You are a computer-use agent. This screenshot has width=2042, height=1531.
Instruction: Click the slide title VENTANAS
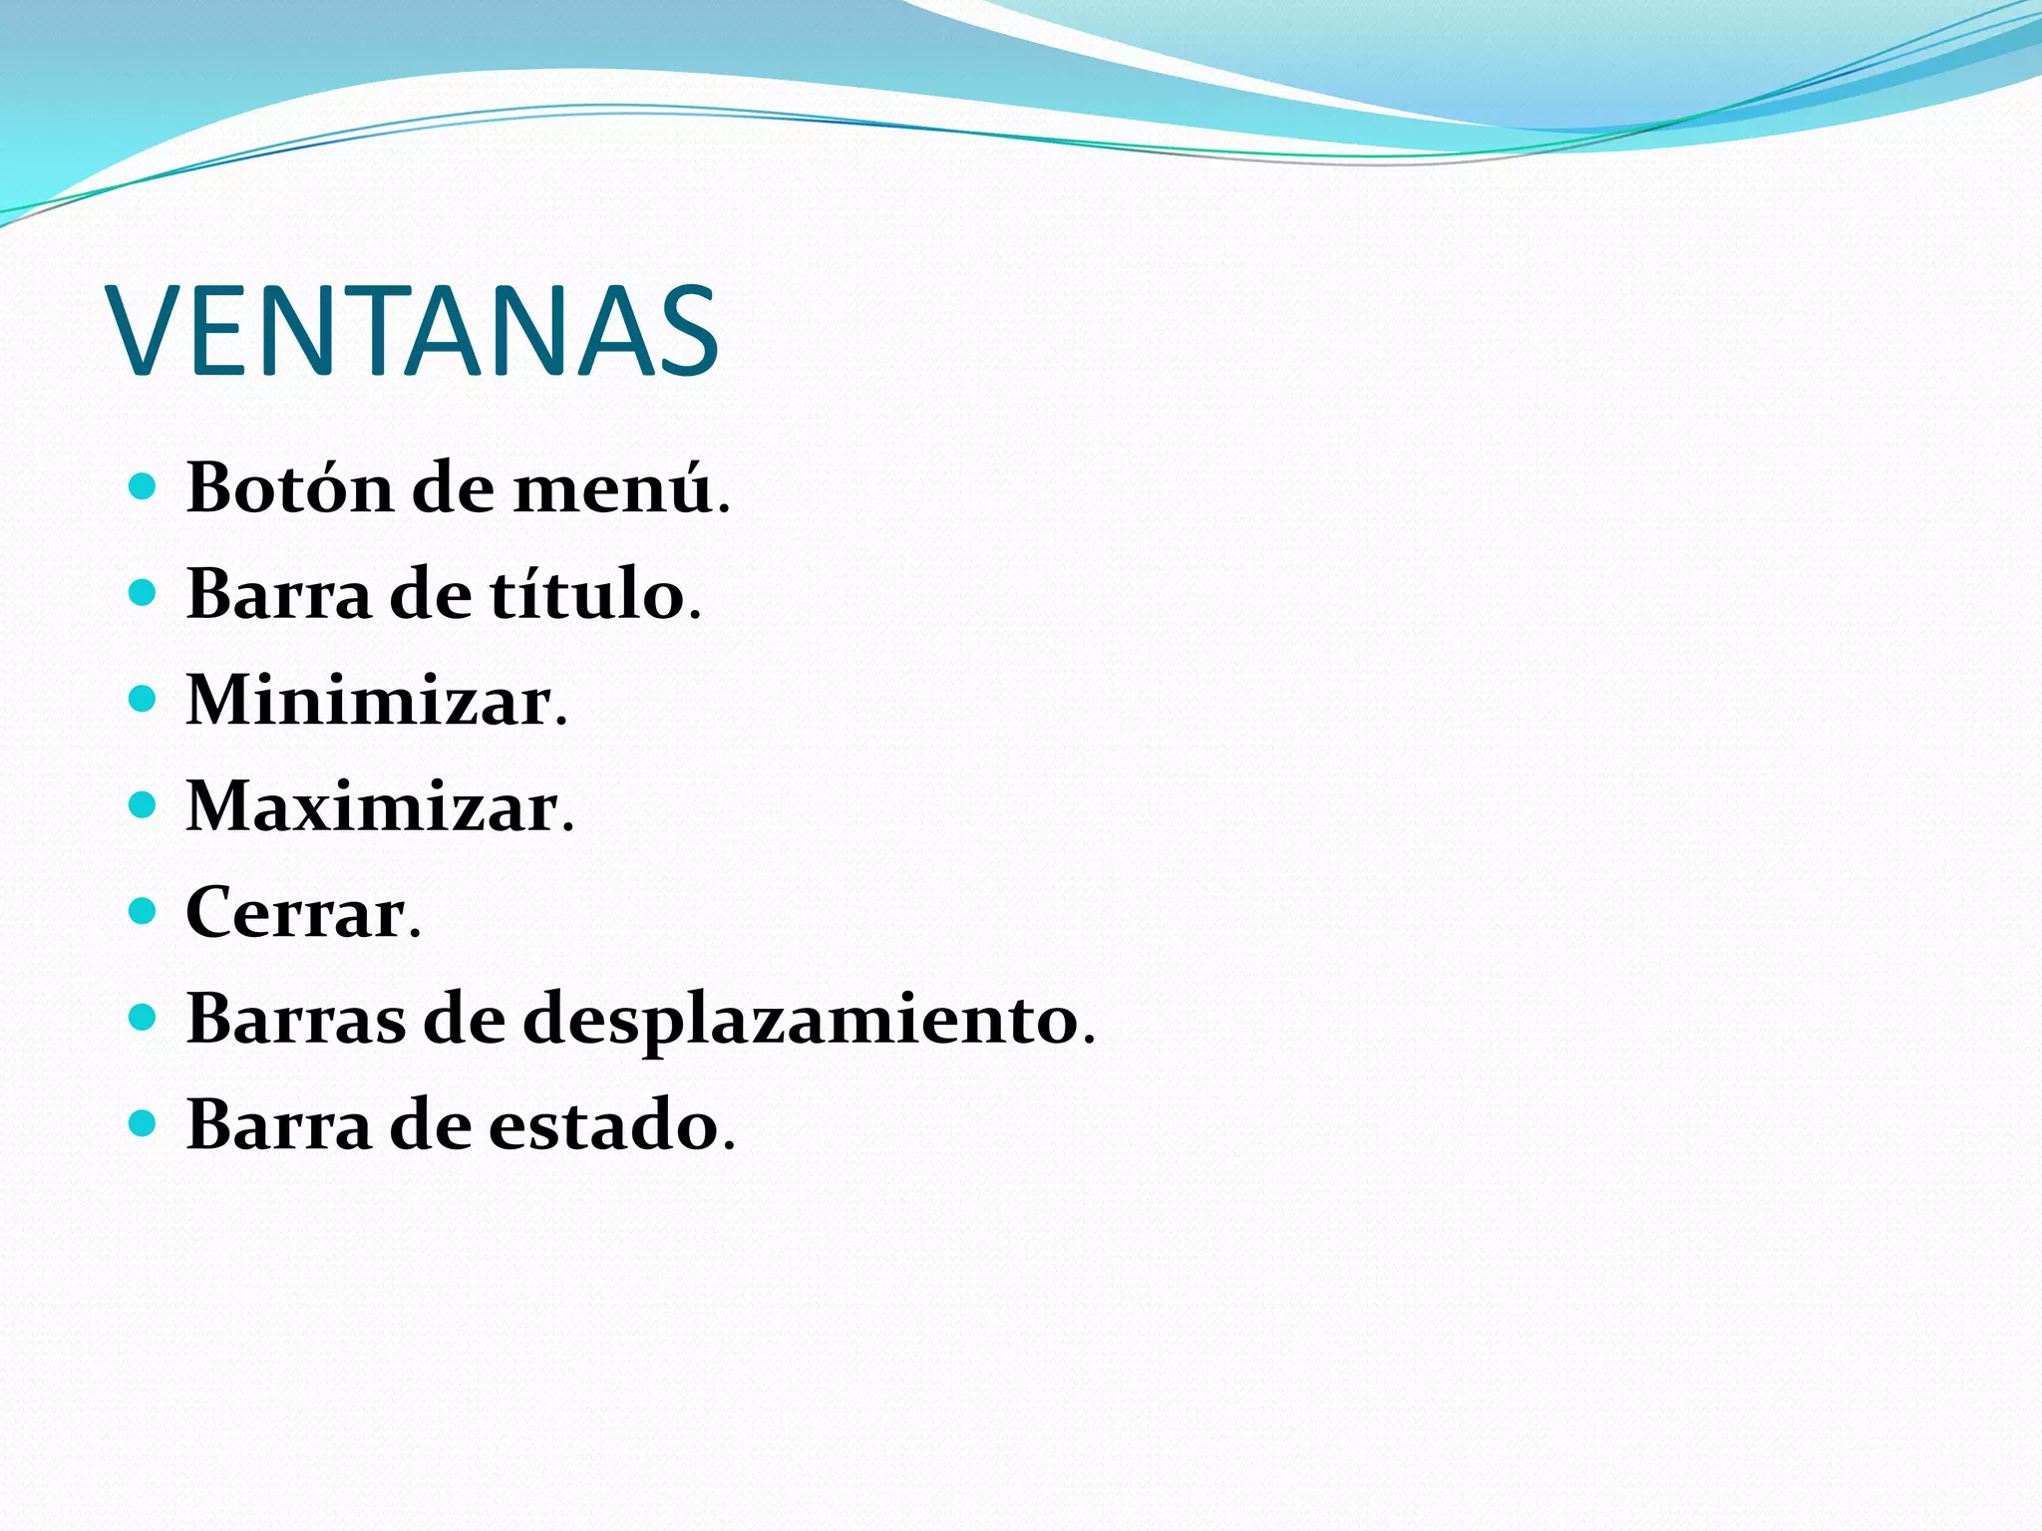click(415, 331)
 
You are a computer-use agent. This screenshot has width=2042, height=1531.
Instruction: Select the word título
click(587, 594)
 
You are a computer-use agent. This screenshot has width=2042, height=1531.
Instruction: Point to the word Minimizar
click(370, 701)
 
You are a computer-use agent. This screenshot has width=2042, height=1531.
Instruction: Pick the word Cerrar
click(296, 913)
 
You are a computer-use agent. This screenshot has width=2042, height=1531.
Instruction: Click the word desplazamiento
click(802, 1021)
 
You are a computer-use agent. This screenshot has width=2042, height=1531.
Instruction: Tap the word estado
click(603, 1125)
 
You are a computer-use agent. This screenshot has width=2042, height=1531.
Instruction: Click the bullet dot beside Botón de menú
click(144, 486)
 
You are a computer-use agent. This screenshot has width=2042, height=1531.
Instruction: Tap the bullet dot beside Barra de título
click(144, 593)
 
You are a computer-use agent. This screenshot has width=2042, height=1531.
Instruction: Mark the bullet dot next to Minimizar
click(144, 699)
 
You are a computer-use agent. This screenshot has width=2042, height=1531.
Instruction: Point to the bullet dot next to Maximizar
click(144, 804)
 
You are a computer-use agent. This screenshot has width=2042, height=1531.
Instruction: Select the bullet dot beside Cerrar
click(144, 911)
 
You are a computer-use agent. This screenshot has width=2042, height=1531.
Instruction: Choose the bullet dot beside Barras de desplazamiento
click(144, 1018)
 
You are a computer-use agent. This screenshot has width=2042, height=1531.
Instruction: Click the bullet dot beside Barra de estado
click(144, 1123)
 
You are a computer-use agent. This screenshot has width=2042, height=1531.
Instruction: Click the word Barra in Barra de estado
click(278, 1125)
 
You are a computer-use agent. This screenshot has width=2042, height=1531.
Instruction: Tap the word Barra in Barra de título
click(278, 594)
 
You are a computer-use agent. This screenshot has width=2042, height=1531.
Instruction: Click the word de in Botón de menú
click(453, 488)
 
